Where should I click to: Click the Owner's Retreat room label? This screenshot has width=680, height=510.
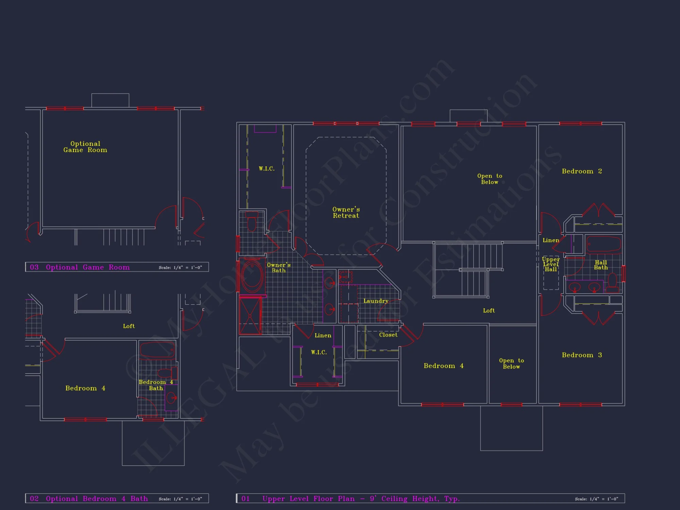(346, 213)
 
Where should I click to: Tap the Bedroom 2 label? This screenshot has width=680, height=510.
(582, 171)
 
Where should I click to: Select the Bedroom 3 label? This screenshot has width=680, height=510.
(582, 355)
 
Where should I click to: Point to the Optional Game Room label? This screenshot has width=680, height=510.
(85, 147)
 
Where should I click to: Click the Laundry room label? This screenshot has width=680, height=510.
(376, 301)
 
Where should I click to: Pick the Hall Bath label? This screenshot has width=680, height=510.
(601, 265)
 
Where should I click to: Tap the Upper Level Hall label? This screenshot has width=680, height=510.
(551, 264)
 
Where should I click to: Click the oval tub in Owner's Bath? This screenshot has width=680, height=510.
(252, 276)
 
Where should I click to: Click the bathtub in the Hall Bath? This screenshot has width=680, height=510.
(603, 244)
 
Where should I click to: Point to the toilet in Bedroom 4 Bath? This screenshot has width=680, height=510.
(166, 373)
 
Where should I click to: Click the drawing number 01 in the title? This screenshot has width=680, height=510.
(245, 499)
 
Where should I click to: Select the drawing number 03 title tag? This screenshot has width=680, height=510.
(34, 267)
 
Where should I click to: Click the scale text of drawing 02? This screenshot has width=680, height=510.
(180, 499)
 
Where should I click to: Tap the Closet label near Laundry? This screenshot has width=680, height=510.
(388, 335)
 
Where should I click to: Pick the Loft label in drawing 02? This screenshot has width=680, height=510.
(129, 326)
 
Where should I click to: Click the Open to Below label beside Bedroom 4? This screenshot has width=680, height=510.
(511, 363)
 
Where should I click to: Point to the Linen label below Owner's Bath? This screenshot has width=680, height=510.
(323, 336)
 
